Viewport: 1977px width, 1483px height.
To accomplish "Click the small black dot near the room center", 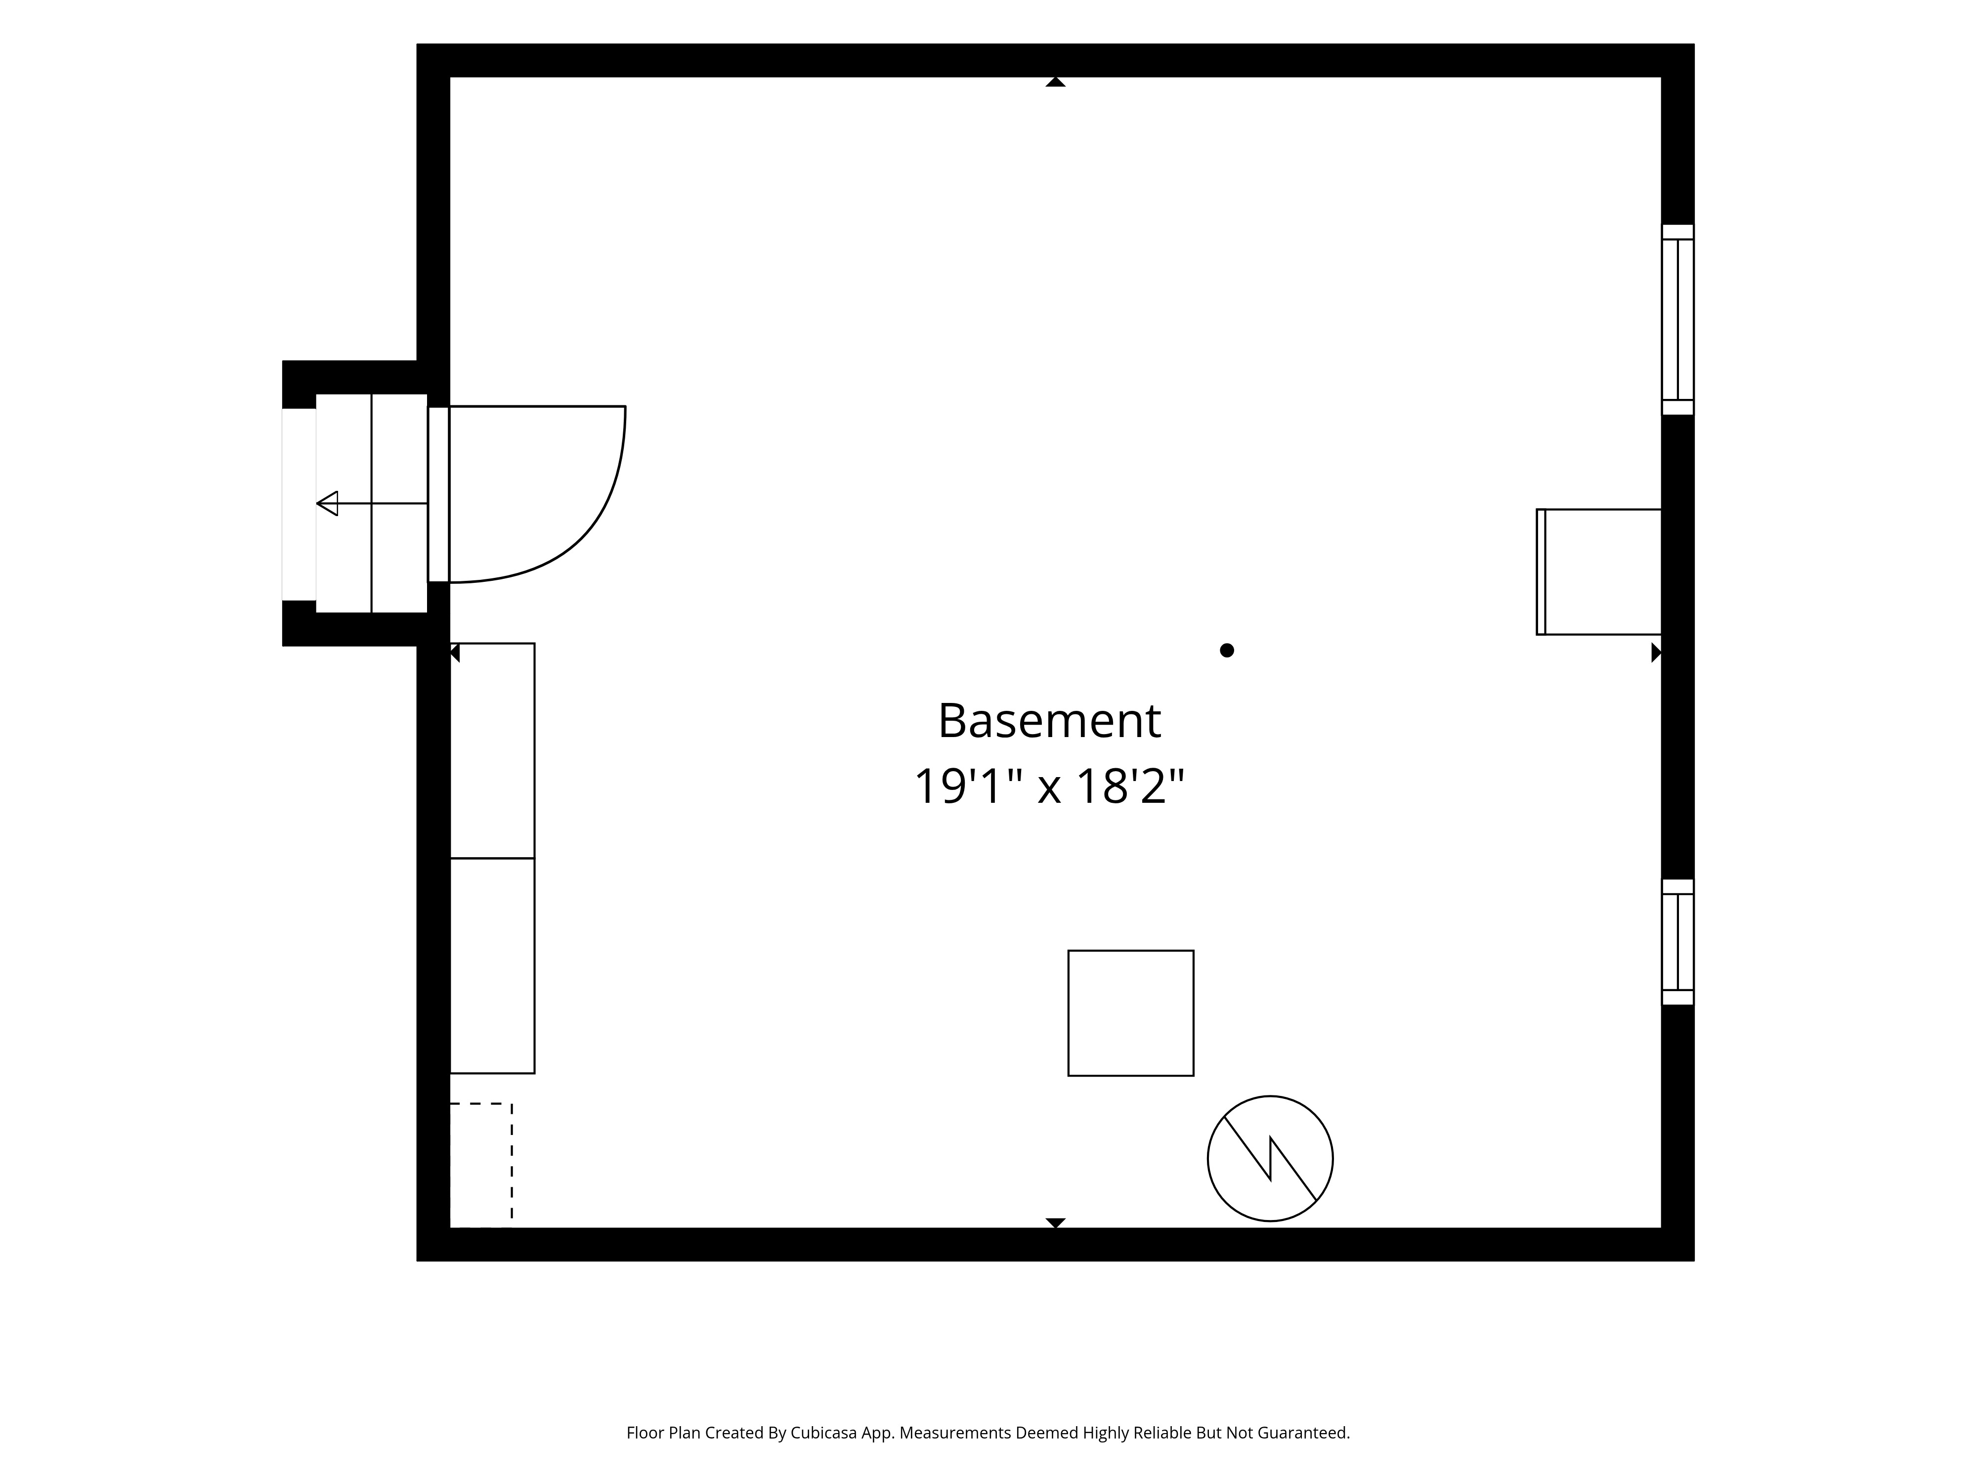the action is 1227,651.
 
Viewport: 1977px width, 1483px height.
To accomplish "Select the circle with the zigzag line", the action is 1270,1159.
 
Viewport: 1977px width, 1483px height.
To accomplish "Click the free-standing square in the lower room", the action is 1131,1013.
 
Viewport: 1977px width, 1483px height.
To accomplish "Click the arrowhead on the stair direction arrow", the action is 327,503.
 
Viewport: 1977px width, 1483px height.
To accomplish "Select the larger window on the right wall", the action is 1677,320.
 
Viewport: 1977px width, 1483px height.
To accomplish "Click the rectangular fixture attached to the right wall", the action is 1599,572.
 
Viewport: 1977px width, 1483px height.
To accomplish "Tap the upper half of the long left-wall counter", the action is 492,751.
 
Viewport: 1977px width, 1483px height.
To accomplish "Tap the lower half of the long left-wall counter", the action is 492,965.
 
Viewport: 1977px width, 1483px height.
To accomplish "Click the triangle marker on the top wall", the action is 1056,82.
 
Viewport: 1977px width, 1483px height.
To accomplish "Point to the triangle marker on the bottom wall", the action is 1056,1223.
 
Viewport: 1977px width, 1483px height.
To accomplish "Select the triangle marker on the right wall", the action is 1656,653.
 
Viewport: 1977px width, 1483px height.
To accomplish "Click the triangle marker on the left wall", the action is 454,653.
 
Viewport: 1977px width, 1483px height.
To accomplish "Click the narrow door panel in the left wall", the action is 438,494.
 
